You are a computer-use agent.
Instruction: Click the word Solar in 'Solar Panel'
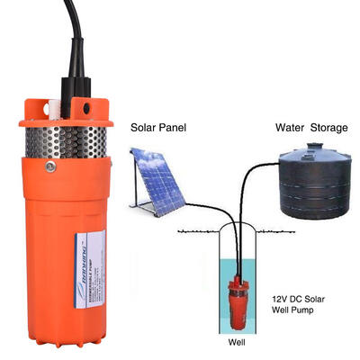tap(146, 128)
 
